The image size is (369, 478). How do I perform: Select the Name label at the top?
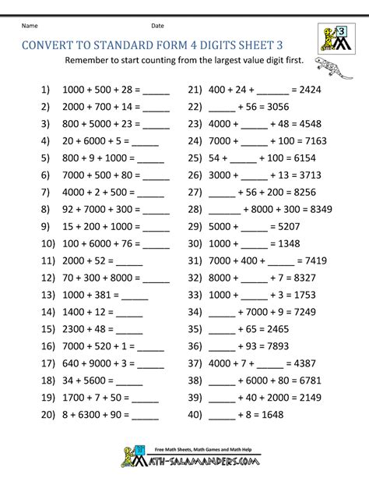click(x=30, y=26)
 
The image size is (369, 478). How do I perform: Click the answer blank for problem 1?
click(x=157, y=91)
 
